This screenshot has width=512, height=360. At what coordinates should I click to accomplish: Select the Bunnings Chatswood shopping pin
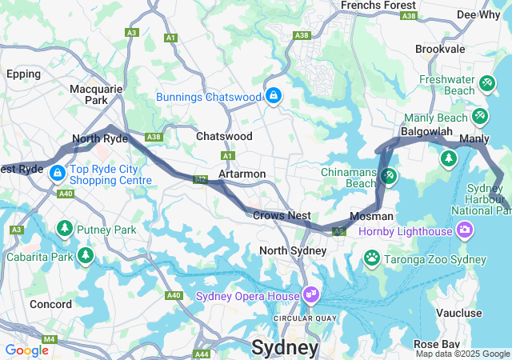click(x=274, y=96)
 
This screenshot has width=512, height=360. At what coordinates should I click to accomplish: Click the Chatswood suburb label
click(x=224, y=137)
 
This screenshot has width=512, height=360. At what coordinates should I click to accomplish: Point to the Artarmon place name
click(x=242, y=174)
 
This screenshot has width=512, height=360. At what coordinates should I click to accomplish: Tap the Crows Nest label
click(x=282, y=215)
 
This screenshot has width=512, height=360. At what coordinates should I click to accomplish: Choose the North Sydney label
click(x=293, y=250)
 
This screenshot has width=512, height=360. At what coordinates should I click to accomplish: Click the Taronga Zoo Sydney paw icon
click(x=371, y=258)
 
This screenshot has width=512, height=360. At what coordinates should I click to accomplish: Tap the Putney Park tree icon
click(x=64, y=230)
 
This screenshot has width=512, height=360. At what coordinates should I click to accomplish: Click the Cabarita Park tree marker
click(x=86, y=257)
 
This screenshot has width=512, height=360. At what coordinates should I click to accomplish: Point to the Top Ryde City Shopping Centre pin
click(x=57, y=173)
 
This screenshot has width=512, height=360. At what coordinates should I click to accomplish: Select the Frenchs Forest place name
click(x=378, y=6)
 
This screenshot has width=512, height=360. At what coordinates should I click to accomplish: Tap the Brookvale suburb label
click(x=440, y=49)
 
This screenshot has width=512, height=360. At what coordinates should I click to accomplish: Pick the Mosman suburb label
click(x=372, y=216)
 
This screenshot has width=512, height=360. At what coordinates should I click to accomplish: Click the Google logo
click(x=26, y=350)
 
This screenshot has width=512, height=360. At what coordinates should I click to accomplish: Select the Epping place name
click(x=23, y=74)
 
